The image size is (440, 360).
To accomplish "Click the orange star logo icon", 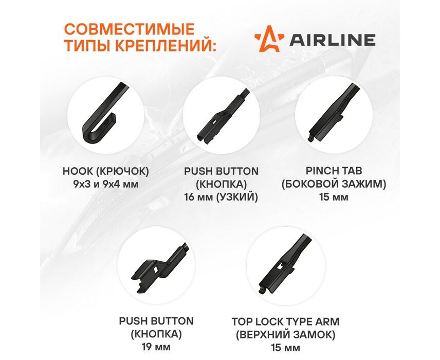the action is (x=269, y=39).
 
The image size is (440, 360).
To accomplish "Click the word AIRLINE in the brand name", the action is (x=333, y=40).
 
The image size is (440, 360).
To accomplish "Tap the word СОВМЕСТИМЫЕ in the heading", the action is (x=130, y=29).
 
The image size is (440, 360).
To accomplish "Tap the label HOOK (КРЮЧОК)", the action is (x=105, y=171).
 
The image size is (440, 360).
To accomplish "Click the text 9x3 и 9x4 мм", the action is (x=105, y=185).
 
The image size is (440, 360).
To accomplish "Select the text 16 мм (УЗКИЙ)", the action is (x=221, y=197).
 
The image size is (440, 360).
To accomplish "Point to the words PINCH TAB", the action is (x=334, y=171).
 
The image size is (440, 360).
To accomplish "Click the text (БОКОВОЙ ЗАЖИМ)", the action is (x=334, y=184).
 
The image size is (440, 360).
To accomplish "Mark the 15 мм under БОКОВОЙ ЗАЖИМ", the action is (x=334, y=197).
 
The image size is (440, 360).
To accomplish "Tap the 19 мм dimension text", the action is (x=156, y=347).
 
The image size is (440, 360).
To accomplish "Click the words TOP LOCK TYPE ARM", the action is (x=285, y=321).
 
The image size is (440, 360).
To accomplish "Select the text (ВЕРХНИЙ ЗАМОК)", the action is (x=285, y=335).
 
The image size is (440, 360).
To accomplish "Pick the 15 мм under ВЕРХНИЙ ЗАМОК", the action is (x=285, y=348).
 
